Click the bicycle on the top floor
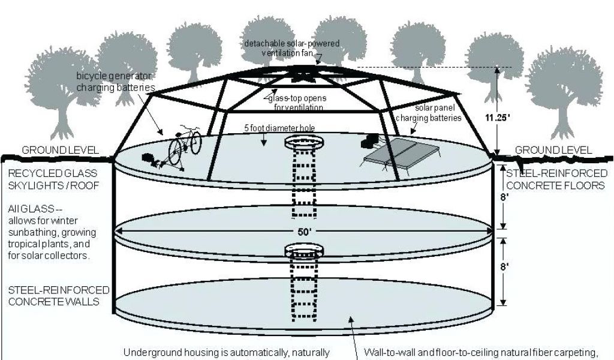(x=184, y=146)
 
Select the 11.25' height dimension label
(x=499, y=118)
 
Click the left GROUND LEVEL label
(x=59, y=150)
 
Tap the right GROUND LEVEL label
(x=553, y=150)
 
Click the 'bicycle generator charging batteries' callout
(x=115, y=82)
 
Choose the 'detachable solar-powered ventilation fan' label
(x=291, y=49)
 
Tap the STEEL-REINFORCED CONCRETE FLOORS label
(x=556, y=179)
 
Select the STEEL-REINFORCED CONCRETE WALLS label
(x=59, y=295)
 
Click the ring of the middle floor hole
(x=303, y=248)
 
